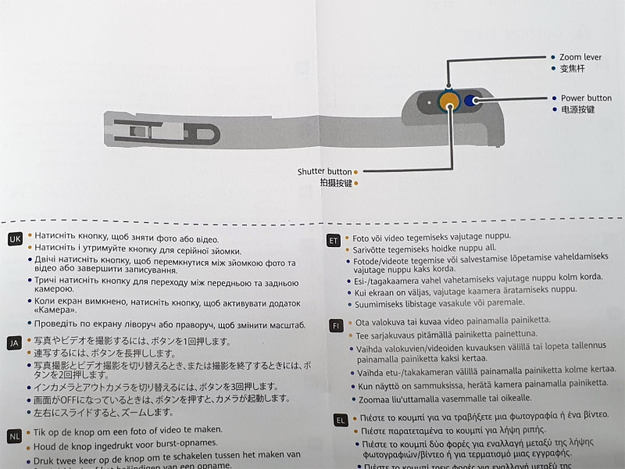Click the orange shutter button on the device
[x=448, y=101]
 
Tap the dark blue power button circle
[x=470, y=100]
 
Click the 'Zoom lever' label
[x=580, y=58]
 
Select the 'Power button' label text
[x=586, y=98]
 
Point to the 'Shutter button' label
[x=324, y=171]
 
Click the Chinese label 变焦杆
[x=573, y=69]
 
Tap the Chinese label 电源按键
[x=577, y=110]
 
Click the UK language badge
[x=15, y=239]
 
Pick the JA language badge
[x=14, y=343]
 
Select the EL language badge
[x=341, y=421]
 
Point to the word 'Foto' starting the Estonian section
[x=361, y=236]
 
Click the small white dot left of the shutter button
[x=428, y=102]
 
